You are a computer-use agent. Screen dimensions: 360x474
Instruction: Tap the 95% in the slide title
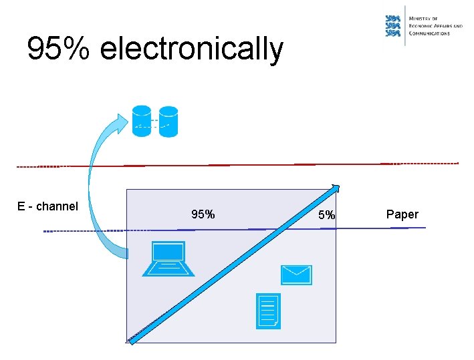(59, 49)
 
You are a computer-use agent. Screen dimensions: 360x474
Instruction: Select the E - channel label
(47, 206)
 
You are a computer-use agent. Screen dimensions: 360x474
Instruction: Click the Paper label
(402, 214)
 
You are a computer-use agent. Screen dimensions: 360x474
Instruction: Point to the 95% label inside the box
(203, 214)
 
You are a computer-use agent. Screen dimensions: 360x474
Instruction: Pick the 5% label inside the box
(326, 215)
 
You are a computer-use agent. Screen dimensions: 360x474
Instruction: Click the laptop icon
(168, 260)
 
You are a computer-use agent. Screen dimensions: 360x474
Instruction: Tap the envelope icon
(296, 275)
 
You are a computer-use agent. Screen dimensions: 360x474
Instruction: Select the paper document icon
(269, 311)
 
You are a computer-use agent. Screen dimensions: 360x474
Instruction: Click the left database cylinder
(142, 121)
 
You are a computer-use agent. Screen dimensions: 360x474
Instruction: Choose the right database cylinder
(168, 121)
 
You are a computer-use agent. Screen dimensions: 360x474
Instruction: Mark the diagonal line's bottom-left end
(131, 341)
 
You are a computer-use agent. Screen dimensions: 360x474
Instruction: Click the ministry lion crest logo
(394, 26)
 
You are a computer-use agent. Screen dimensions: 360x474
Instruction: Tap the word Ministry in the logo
(423, 19)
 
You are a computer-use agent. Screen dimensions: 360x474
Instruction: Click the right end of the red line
(457, 163)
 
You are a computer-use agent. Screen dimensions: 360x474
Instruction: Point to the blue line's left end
(45, 231)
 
